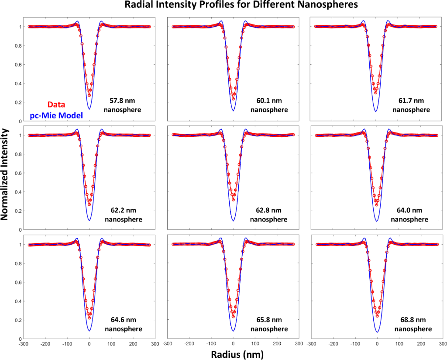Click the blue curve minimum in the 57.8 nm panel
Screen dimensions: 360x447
coord(89,109)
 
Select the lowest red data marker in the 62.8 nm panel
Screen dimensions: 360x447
coord(233,200)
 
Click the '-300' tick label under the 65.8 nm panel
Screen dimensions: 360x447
coord(167,344)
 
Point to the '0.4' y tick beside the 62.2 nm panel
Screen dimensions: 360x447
coord(20,192)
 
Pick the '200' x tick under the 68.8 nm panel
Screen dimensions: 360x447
coord(422,344)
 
